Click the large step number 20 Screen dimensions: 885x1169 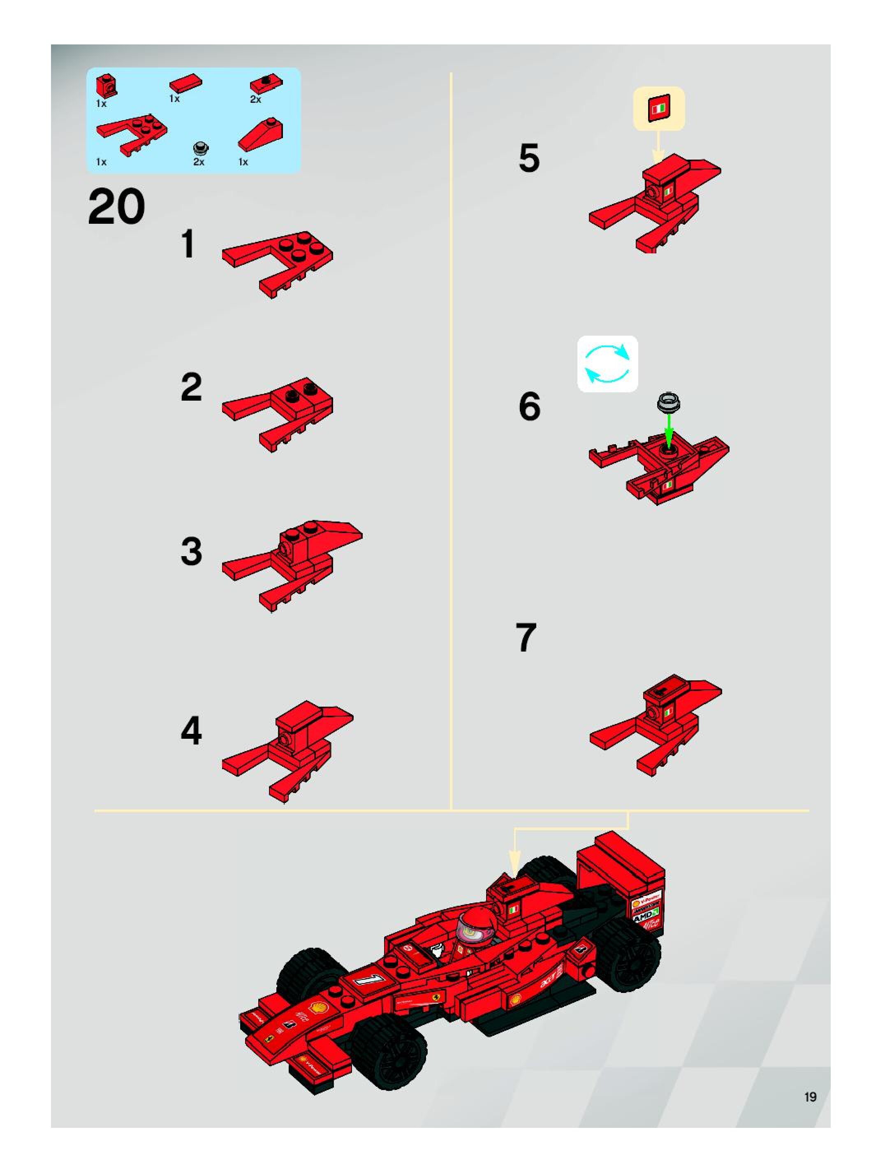coord(116,208)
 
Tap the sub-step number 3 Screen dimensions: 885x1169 coord(191,551)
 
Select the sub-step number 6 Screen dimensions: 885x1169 coord(529,407)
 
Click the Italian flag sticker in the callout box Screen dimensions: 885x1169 coord(659,108)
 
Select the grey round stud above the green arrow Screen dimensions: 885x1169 coord(668,403)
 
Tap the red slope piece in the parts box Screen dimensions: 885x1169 coord(260,135)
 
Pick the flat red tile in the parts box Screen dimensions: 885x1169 coord(186,83)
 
